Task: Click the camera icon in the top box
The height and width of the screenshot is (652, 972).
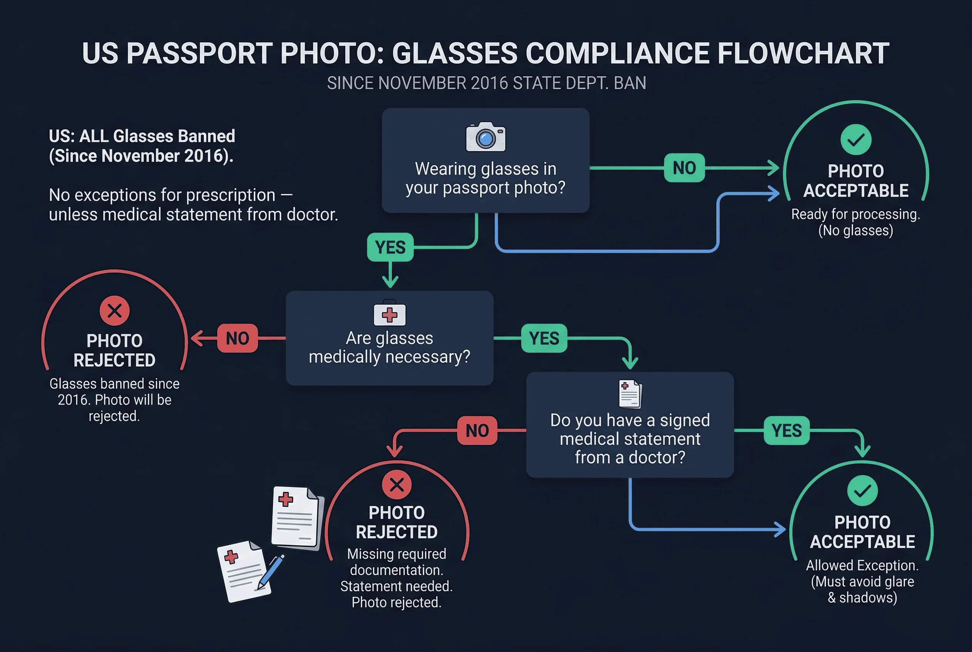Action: point(485,137)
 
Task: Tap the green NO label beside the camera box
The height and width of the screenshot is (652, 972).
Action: point(684,168)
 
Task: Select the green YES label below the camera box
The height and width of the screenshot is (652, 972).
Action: point(390,248)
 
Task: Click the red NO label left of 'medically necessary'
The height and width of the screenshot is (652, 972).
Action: point(238,338)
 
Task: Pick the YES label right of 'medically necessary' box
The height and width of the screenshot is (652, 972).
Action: point(544,338)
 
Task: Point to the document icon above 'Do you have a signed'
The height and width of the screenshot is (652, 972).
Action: point(630,394)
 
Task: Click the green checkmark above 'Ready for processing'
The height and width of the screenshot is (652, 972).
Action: point(856,140)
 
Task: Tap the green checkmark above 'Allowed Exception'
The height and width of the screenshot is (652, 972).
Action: point(862,491)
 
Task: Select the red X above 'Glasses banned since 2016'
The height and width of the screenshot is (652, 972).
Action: point(114,311)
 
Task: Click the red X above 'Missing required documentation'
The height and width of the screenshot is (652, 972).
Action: point(396,485)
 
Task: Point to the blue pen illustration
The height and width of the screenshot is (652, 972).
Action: point(271,572)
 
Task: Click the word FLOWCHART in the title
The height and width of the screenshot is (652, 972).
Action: point(803,54)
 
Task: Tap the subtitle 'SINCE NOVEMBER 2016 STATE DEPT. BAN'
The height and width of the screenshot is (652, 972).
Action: point(486,83)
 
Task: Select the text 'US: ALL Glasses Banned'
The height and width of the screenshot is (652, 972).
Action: point(142,136)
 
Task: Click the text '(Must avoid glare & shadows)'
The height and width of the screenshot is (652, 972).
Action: point(862,590)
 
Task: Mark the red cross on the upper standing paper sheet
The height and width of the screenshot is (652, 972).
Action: point(286,499)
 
